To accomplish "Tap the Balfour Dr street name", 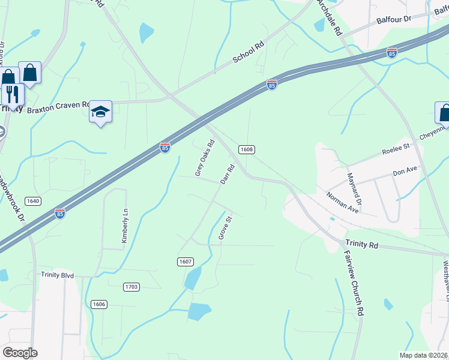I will (393, 20).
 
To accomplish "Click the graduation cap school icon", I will (101, 112).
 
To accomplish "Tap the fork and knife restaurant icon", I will (11, 93).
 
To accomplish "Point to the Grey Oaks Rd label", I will (205, 158).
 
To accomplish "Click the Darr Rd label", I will (226, 174).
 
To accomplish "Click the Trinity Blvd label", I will (57, 275).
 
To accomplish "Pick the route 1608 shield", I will (246, 149).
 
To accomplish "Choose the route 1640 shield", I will (33, 200).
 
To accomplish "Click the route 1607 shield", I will (185, 262).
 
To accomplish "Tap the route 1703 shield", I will (131, 287).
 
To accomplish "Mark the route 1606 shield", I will (99, 304).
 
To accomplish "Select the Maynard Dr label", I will (354, 187).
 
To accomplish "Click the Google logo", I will (20, 353).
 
